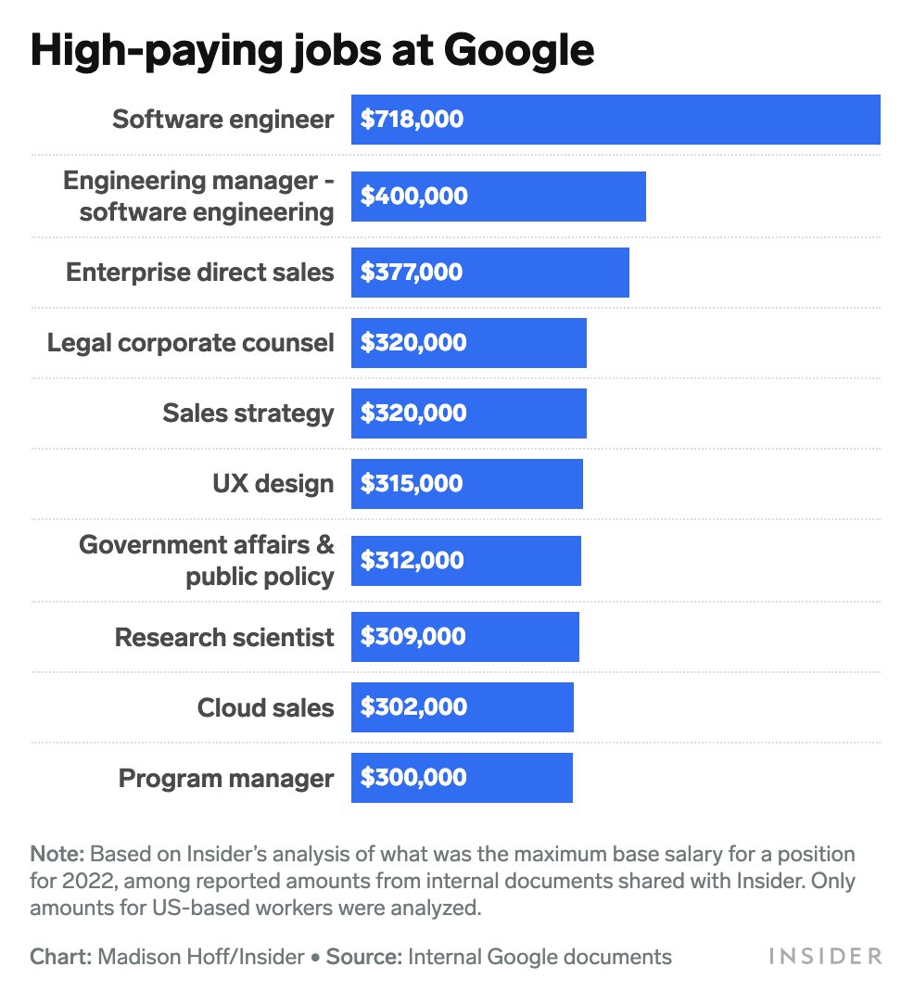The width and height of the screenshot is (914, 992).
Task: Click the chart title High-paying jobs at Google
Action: click(x=311, y=52)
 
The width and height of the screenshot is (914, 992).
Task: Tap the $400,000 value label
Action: click(x=413, y=197)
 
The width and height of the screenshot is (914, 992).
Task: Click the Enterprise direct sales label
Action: click(x=199, y=273)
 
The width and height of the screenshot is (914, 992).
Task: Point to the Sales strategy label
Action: click(x=248, y=413)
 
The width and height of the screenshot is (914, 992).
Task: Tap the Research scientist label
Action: click(x=223, y=638)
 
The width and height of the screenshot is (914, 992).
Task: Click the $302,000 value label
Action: click(x=413, y=707)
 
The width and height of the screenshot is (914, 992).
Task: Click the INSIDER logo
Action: click(x=824, y=956)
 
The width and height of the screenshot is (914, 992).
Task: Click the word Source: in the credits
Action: click(x=364, y=957)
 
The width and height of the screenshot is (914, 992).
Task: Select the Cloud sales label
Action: click(x=265, y=708)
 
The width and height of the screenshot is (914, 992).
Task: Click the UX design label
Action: click(x=273, y=484)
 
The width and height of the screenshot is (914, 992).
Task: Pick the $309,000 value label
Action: click(x=413, y=637)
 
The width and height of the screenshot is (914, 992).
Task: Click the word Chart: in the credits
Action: click(x=60, y=957)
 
